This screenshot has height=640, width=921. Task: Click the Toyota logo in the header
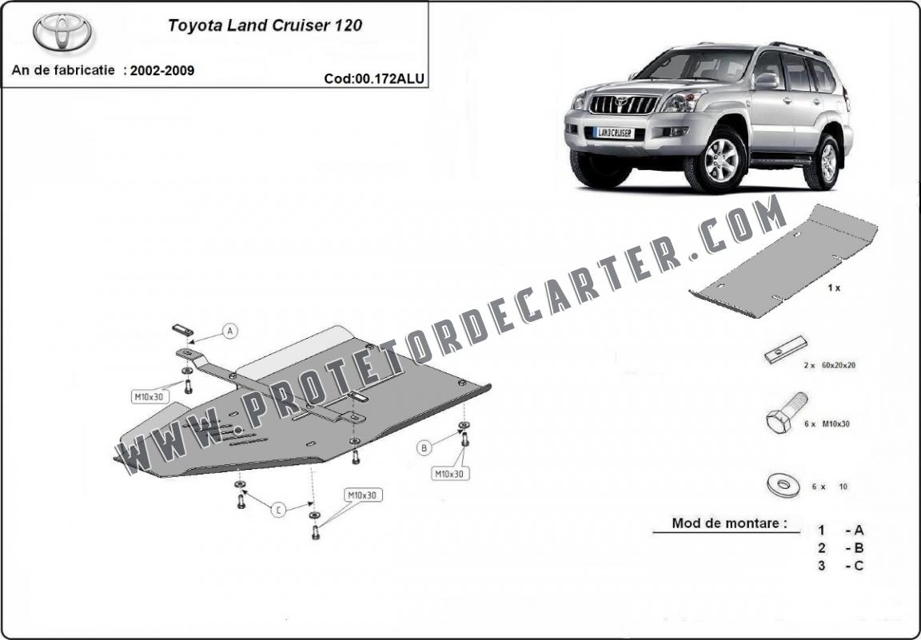tap(62, 32)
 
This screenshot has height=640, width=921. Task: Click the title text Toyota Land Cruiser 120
tap(265, 26)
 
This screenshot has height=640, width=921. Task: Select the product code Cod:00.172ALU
tap(373, 78)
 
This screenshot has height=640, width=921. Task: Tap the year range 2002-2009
tap(162, 70)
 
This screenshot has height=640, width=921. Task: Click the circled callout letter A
tap(230, 331)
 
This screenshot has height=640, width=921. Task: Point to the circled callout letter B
tap(424, 448)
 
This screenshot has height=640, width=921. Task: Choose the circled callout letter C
tap(278, 510)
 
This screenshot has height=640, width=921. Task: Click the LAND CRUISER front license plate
tap(614, 133)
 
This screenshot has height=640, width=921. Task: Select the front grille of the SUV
tap(624, 105)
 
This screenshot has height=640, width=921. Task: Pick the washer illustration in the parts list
tap(783, 486)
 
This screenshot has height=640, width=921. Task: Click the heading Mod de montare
tap(729, 523)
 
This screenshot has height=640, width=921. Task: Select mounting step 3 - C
tap(840, 566)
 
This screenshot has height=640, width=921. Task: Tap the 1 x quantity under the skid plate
tap(834, 288)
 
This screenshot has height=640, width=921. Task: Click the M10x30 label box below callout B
tap(451, 473)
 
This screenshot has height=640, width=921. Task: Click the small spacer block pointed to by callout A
tap(182, 329)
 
